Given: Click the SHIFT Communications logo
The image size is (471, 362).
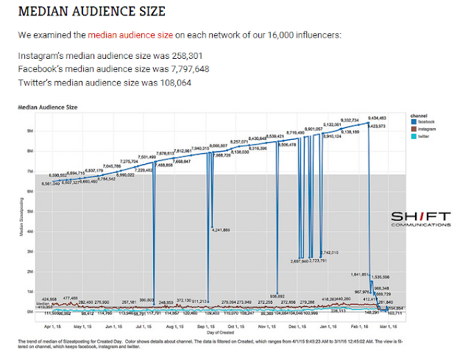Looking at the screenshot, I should pos(420,218).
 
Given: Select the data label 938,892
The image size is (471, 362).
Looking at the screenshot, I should pos(277,296).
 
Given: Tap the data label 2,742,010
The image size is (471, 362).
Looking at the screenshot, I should pos(329,252).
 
